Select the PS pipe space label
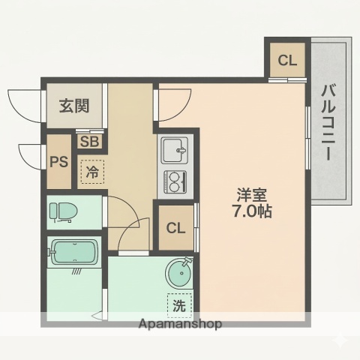coord(58,161)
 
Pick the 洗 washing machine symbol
coord(179,305)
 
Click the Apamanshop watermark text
coord(179,325)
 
